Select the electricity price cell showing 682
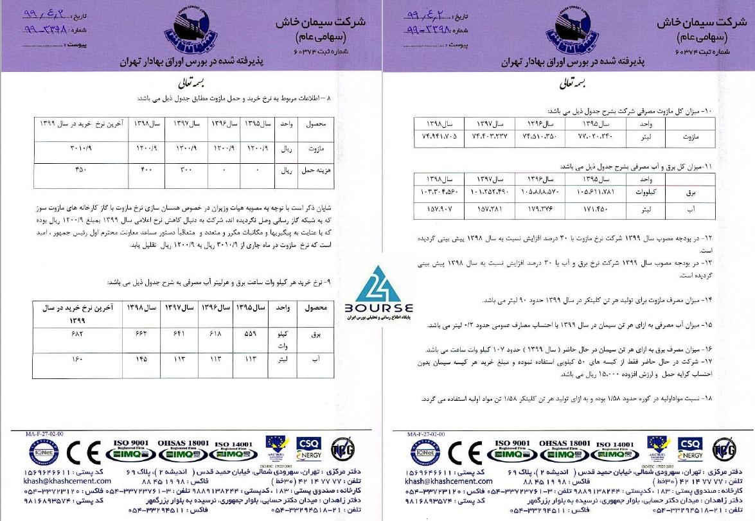click(x=77, y=335)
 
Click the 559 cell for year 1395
click(x=250, y=335)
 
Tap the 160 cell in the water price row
click(x=77, y=360)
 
